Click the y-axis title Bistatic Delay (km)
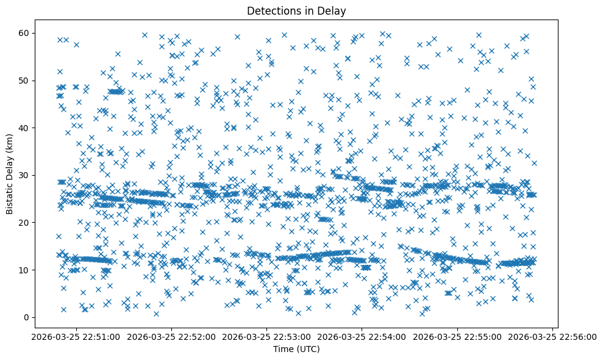click(x=10, y=173)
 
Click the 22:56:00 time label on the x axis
click(x=552, y=336)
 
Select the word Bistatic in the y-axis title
click(x=10, y=195)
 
